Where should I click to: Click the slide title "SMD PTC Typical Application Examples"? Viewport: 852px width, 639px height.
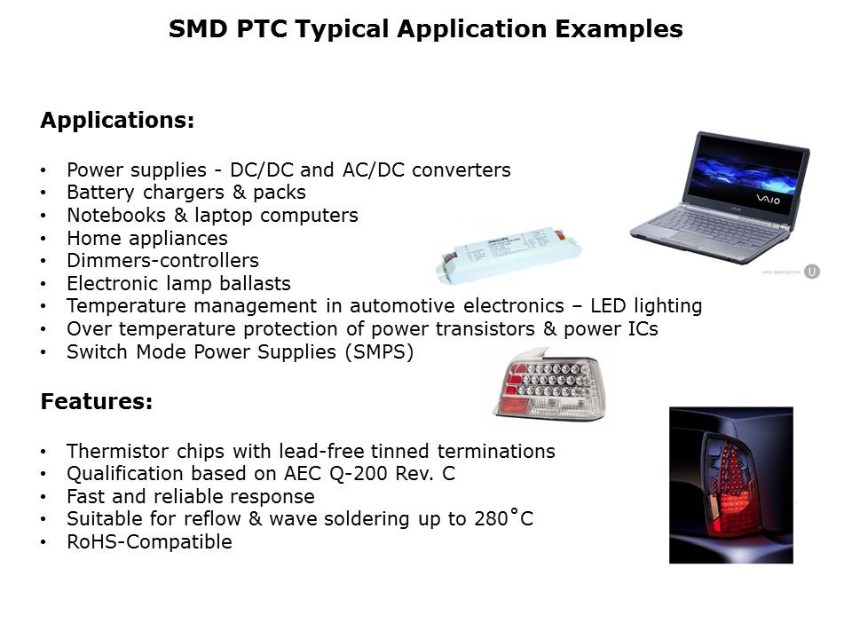425,29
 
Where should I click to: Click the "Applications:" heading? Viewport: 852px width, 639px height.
117,121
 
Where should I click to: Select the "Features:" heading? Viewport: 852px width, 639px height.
97,402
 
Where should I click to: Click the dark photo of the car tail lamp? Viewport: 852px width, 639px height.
730,485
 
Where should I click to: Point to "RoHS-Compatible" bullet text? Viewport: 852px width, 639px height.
149,541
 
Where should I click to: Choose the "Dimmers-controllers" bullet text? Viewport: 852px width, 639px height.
162,261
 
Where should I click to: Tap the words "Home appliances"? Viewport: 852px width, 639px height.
146,238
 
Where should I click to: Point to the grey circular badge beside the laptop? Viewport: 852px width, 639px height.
811,271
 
